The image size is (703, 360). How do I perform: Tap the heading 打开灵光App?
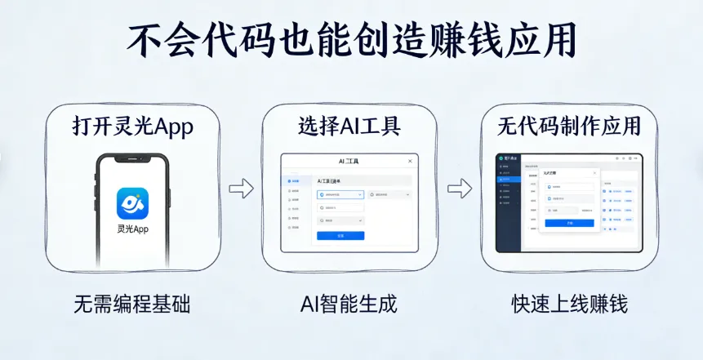pyautogui.click(x=133, y=127)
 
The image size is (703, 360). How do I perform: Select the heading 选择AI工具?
pyautogui.click(x=349, y=127)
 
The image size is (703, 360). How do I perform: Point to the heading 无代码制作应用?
pyautogui.click(x=569, y=127)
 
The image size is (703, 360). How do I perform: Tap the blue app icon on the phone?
pyautogui.click(x=132, y=204)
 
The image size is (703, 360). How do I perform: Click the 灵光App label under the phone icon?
pyautogui.click(x=132, y=229)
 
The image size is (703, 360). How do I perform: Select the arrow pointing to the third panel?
pyautogui.click(x=460, y=189)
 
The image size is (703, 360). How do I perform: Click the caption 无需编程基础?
pyautogui.click(x=132, y=305)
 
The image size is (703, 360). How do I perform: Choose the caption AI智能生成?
pyautogui.click(x=349, y=305)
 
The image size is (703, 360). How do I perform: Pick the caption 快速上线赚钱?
pyautogui.click(x=569, y=305)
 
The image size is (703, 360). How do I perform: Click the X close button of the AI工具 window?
pyautogui.click(x=410, y=162)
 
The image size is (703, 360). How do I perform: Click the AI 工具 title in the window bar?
pyautogui.click(x=349, y=162)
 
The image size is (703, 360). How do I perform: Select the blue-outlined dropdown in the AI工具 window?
pyautogui.click(x=339, y=195)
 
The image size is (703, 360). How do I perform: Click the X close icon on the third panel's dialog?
pyautogui.click(x=594, y=173)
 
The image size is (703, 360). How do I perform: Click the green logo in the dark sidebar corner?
pyautogui.click(x=500, y=157)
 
